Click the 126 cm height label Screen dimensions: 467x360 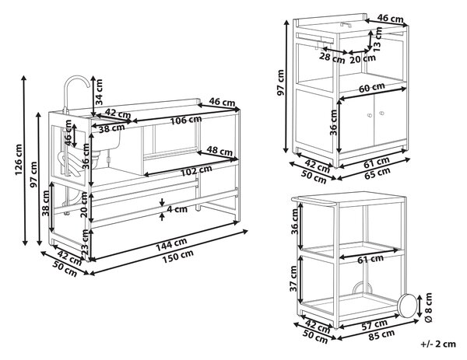point(19,159)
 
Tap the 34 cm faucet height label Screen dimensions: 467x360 point(99,92)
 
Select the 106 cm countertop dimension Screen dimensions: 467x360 point(186,120)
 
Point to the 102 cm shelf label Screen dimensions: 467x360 point(197,170)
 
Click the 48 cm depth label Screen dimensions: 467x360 point(219,151)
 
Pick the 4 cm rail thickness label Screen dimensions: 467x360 point(177,209)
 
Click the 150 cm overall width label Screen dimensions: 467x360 point(177,257)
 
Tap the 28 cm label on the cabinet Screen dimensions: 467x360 point(332,58)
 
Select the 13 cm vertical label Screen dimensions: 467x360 point(377,39)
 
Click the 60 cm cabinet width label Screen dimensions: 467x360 point(371,87)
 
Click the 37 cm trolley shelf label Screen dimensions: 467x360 point(294,278)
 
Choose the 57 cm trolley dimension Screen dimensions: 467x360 point(374,324)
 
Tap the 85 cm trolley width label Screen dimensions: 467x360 point(381,335)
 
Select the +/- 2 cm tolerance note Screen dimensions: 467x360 point(438,344)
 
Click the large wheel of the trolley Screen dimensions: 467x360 point(407,305)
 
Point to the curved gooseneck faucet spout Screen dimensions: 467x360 point(75,80)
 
